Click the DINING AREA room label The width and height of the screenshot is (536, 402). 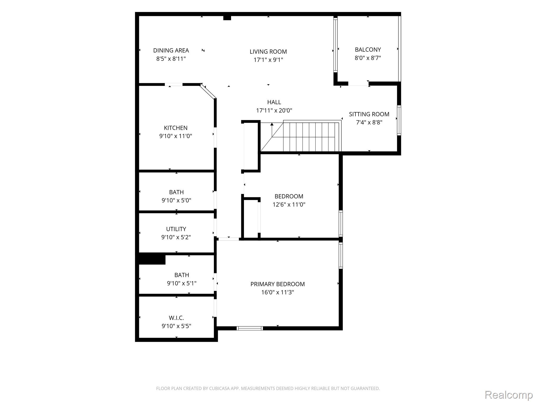pyautogui.click(x=171, y=50)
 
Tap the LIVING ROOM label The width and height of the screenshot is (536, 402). pyautogui.click(x=268, y=52)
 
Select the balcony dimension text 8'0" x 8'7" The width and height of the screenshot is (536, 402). pyautogui.click(x=368, y=58)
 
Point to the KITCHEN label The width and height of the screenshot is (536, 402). pyautogui.click(x=176, y=128)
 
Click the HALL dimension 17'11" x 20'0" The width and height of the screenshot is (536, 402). pyautogui.click(x=274, y=110)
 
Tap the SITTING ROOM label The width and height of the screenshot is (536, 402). pyautogui.click(x=369, y=114)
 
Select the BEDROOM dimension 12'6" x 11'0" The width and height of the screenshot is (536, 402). pyautogui.click(x=289, y=204)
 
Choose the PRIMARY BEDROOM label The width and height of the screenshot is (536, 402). pyautogui.click(x=277, y=284)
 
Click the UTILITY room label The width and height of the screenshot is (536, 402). pyautogui.click(x=176, y=229)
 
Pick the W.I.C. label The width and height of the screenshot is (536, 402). pyautogui.click(x=176, y=318)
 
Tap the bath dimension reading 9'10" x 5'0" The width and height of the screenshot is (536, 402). pyautogui.click(x=176, y=200)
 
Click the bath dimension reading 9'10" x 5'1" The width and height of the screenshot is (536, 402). pyautogui.click(x=182, y=283)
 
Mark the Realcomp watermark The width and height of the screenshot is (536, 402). pyautogui.click(x=509, y=394)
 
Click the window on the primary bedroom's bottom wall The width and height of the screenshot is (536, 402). pyautogui.click(x=250, y=328)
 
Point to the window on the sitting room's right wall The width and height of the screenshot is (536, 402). pyautogui.click(x=399, y=120)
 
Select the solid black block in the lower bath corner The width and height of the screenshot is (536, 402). pyautogui.click(x=152, y=259)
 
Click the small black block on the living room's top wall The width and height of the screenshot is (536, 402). pyautogui.click(x=227, y=18)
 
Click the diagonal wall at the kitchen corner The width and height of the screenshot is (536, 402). pyautogui.click(x=208, y=91)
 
